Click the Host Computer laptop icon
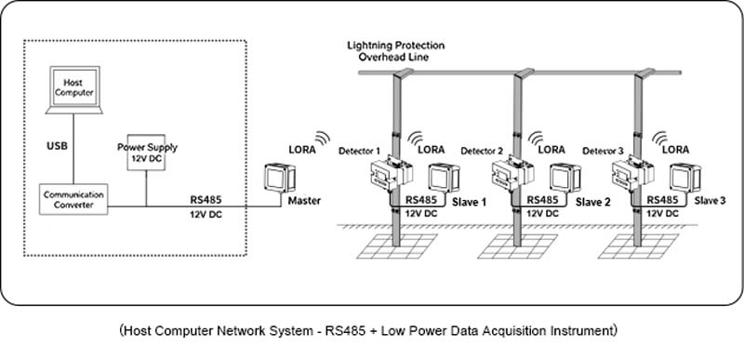coord(74,89)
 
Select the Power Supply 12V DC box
coord(146,153)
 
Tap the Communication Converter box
coord(73,199)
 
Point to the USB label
coord(57,146)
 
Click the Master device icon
coord(280,179)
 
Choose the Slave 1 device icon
coord(444,178)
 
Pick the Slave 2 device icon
coord(565,179)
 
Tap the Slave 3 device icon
coord(685,179)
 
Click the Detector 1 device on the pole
coord(392,173)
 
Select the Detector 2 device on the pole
coord(513,174)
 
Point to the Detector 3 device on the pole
coord(633,174)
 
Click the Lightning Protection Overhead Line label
coord(396,51)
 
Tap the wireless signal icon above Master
coord(323,138)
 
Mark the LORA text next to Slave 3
coord(675,150)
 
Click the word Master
coord(304,201)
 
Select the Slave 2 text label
coord(593,203)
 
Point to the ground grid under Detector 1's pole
coord(397,247)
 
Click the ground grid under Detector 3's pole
coord(638,247)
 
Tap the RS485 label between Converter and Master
coord(206,201)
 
